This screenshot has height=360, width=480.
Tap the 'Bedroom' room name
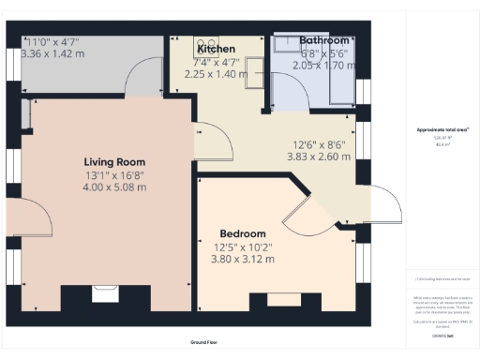pos(242,233)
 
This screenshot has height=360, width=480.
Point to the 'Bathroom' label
pos(323,41)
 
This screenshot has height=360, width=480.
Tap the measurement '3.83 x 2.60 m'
pos(317,157)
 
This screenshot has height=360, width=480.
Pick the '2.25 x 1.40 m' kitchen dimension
pos(212,74)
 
